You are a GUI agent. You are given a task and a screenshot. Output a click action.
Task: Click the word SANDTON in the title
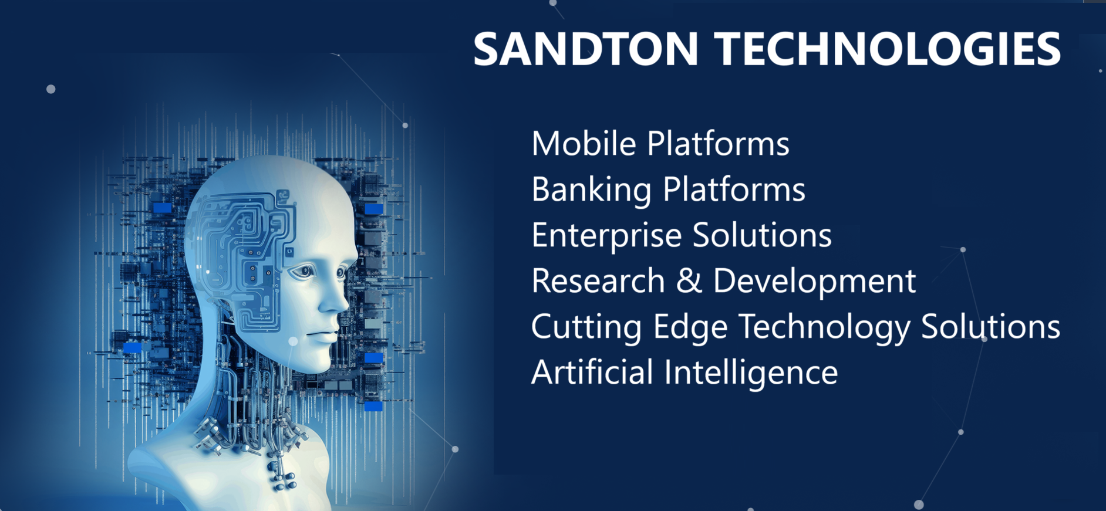click(586, 48)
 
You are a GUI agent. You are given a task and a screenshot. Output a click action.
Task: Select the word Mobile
click(584, 143)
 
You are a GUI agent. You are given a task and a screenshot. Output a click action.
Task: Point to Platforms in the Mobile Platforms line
click(719, 143)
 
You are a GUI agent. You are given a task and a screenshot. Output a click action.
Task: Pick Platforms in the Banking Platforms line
click(734, 189)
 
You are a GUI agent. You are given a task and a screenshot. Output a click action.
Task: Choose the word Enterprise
click(606, 235)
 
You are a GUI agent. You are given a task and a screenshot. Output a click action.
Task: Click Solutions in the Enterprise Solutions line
click(762, 235)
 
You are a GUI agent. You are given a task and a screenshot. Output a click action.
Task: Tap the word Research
click(598, 280)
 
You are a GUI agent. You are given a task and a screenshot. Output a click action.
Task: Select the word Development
click(814, 281)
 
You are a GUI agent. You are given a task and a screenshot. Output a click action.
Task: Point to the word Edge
click(690, 327)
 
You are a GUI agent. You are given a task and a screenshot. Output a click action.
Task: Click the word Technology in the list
click(824, 327)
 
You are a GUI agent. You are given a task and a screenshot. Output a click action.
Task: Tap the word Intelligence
click(751, 373)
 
